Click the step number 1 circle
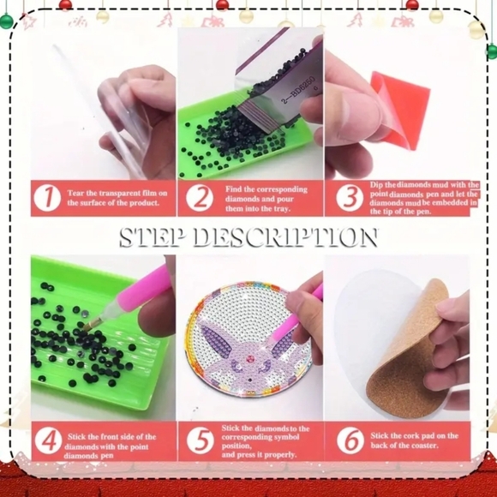coord(47,198)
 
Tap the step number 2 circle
coord(200,198)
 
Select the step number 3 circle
coord(350,198)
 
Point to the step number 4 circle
coord(49,440)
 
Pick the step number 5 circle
coord(201,440)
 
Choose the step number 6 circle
coord(350,440)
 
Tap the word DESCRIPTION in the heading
coord(286,237)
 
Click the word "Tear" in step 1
coord(75,194)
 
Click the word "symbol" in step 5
coord(286,437)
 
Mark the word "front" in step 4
coord(110,437)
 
